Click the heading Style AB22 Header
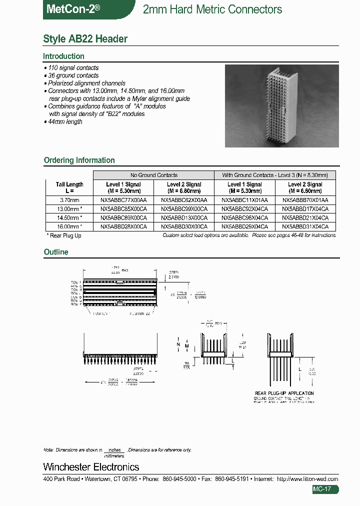point(85,39)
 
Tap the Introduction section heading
point(63,56)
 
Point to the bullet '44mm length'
point(64,121)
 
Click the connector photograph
point(281,106)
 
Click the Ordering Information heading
point(79,160)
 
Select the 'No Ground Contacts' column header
point(153,175)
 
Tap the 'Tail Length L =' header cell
point(69,187)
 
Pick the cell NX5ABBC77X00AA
point(123,199)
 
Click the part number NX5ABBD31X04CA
point(305,226)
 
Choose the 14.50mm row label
point(69,218)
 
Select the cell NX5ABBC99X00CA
point(184,209)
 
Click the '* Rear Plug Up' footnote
point(64,235)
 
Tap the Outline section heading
point(56,252)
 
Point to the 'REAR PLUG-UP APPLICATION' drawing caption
point(284,393)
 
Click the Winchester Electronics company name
point(91,467)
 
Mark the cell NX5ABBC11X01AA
point(244,199)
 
